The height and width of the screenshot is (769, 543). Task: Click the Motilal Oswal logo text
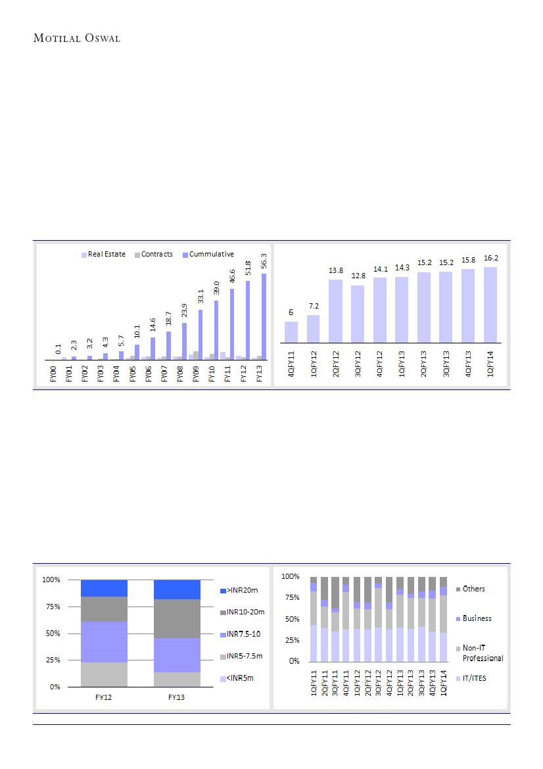click(x=77, y=38)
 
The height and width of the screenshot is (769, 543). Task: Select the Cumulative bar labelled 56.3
click(x=264, y=316)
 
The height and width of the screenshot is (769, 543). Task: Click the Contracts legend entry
click(x=154, y=254)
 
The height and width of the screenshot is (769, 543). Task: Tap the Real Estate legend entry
click(x=103, y=254)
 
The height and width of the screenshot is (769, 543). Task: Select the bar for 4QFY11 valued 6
click(x=291, y=332)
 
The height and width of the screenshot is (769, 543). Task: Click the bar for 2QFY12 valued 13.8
click(x=335, y=310)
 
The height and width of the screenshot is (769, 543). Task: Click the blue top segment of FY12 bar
click(x=104, y=588)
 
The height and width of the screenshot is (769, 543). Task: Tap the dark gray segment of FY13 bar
click(x=177, y=618)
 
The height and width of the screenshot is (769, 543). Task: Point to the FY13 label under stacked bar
click(x=177, y=697)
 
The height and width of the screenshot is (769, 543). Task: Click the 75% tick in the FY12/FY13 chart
click(x=51, y=607)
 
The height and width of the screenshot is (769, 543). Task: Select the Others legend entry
click(x=473, y=589)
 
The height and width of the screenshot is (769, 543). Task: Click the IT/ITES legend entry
click(x=474, y=678)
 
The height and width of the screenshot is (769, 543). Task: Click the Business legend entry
click(x=477, y=618)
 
